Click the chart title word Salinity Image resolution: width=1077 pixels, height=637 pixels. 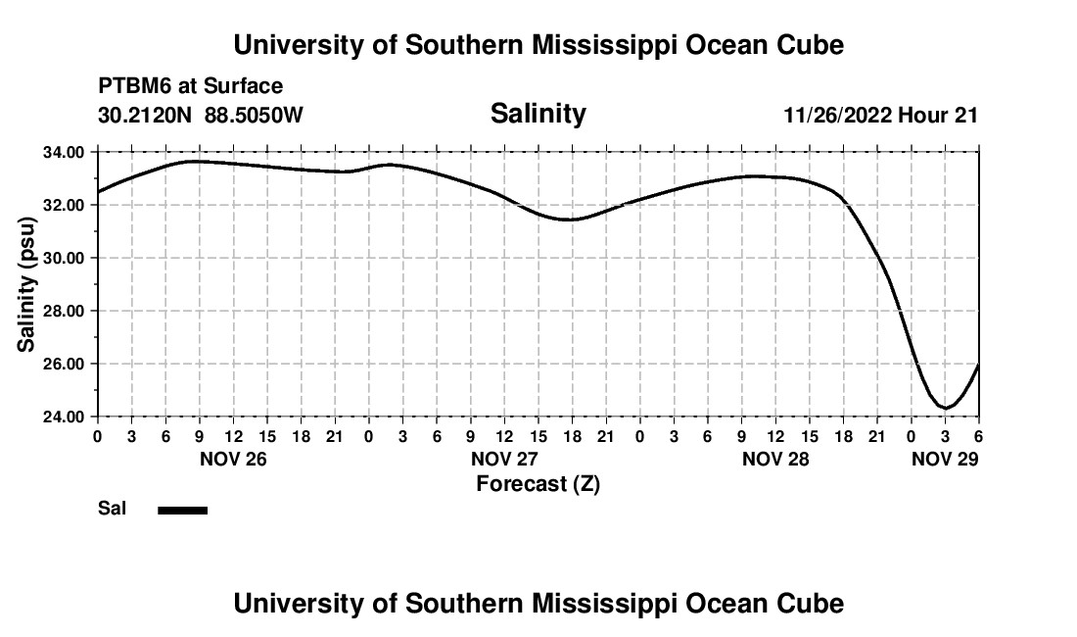(x=538, y=114)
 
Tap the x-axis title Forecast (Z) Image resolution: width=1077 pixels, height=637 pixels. (x=538, y=483)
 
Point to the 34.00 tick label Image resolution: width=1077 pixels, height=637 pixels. (x=63, y=152)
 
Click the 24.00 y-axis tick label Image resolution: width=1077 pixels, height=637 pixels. (x=63, y=416)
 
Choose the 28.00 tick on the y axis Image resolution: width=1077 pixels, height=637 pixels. (x=63, y=311)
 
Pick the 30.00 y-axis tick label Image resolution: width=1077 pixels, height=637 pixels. (x=63, y=258)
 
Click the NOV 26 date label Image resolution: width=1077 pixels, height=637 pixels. (x=233, y=459)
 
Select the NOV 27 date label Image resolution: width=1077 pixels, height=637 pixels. (x=504, y=459)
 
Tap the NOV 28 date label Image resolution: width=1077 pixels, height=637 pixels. (x=775, y=459)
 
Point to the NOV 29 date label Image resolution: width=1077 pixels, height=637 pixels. (x=945, y=459)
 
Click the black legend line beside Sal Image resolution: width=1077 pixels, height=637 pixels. (x=183, y=510)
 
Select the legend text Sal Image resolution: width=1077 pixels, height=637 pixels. (x=113, y=509)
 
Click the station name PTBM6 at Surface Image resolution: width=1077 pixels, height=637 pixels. (x=191, y=86)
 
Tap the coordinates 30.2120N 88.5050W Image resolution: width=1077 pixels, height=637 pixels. (x=201, y=115)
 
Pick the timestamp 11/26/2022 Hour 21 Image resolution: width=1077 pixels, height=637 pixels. (x=881, y=115)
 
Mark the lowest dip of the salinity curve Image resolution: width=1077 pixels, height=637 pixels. (x=945, y=407)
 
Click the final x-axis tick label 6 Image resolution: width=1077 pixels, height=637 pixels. (x=978, y=436)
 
